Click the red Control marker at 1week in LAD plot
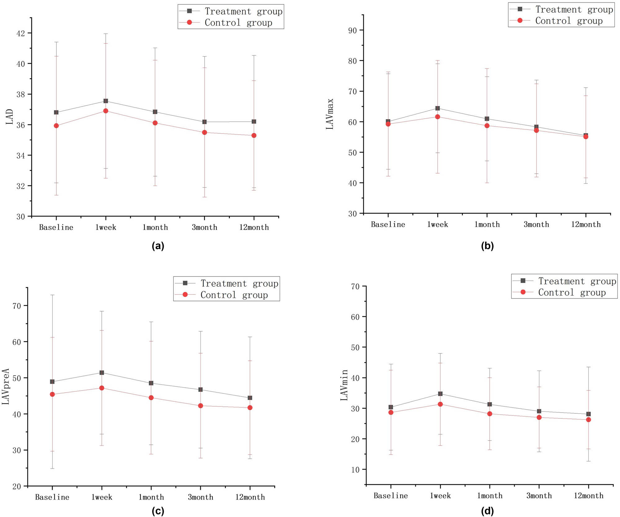pos(106,111)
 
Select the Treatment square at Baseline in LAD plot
pos(56,112)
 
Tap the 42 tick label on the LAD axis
pos(21,33)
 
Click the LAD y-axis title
pos(10,117)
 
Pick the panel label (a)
pos(158,246)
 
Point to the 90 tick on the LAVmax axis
pos(352,30)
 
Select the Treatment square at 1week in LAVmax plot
pos(437,108)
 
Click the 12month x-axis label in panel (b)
pos(586,224)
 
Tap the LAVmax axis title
pos(330,114)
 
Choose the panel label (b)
pos(487,246)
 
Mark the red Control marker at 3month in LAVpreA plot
pos(201,406)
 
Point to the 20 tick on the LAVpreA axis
pos(17,487)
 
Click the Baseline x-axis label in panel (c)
pos(52,497)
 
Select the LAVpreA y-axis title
pos(6,387)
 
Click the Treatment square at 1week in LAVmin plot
pos(440,394)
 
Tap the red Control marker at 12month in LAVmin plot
pos(588,420)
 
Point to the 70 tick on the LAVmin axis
pos(355,287)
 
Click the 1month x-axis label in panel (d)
pos(489,496)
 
